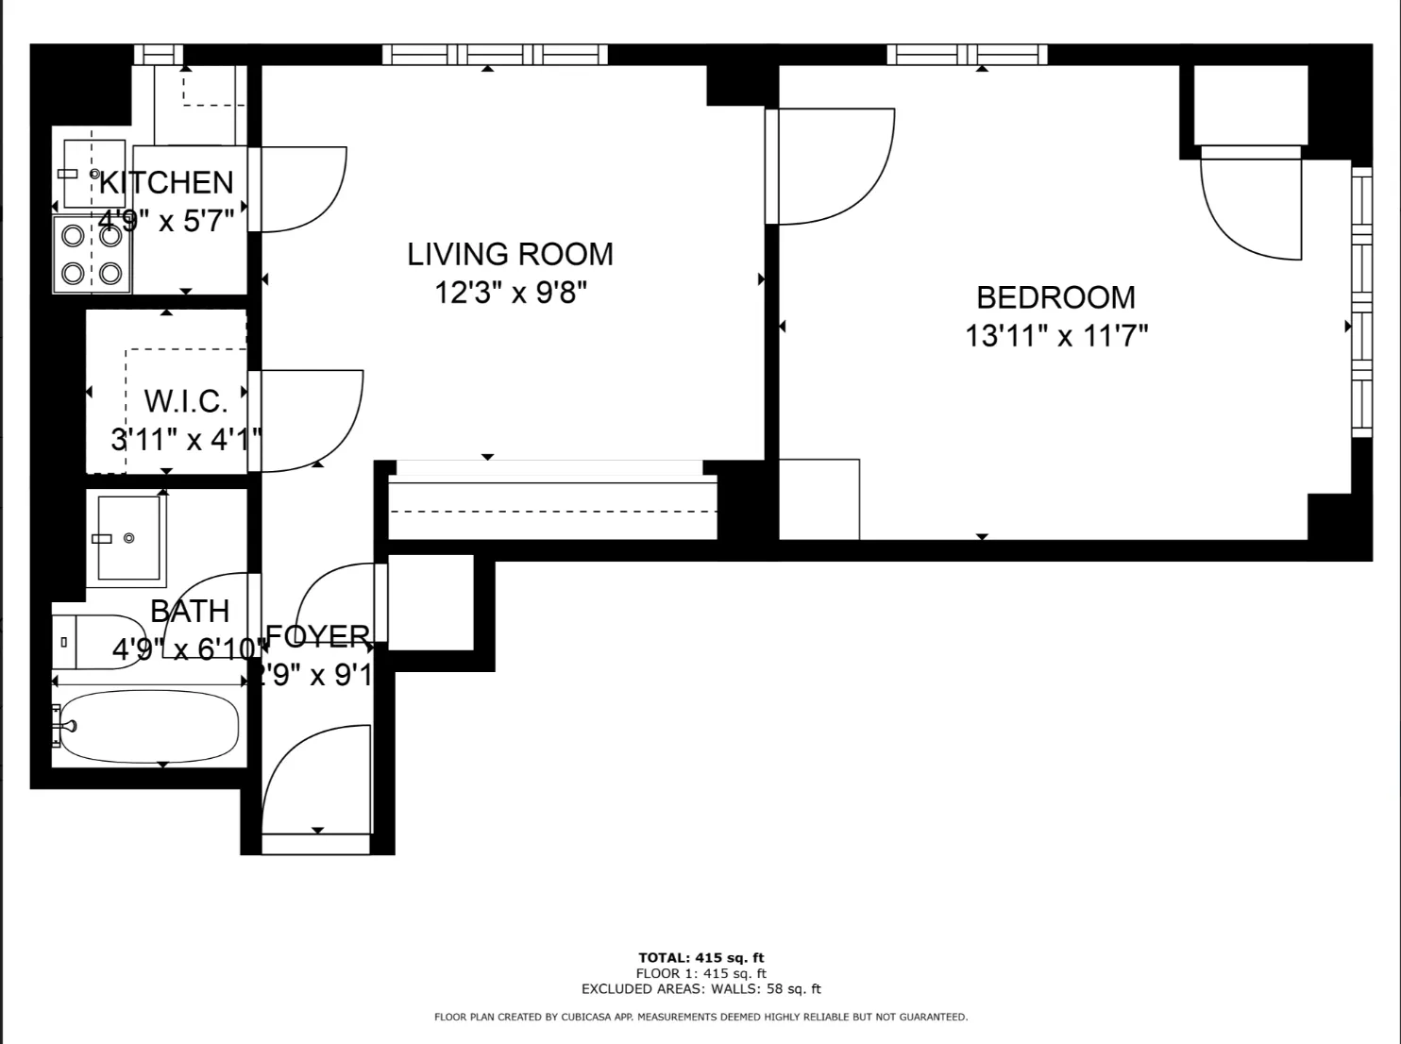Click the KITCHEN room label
tap(166, 182)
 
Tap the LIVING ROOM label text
tap(510, 254)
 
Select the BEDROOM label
tap(1055, 297)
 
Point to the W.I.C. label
tap(185, 401)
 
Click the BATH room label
tap(190, 611)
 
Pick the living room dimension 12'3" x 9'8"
tap(510, 293)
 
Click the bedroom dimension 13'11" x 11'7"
tap(1055, 336)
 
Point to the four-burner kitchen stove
tap(92, 254)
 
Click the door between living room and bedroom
tap(831, 167)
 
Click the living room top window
tap(495, 55)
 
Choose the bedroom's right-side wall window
tap(1360, 302)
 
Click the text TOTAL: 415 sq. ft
tap(700, 957)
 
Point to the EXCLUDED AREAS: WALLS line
tap(700, 989)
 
